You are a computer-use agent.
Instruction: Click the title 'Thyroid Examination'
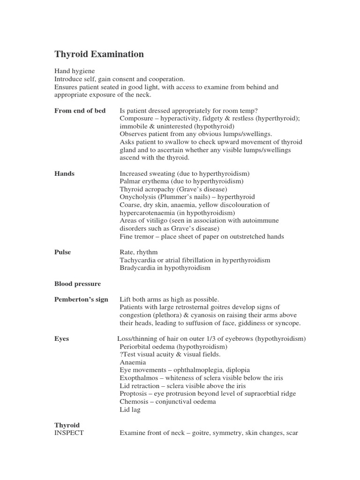(x=99, y=54)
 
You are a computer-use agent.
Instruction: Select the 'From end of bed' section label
(x=80, y=111)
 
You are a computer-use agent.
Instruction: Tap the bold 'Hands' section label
(x=65, y=173)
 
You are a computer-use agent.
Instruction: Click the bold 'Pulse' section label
(x=63, y=252)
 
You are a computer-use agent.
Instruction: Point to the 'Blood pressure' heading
(x=78, y=284)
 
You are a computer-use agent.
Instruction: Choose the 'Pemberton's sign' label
(x=81, y=300)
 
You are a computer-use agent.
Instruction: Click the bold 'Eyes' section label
(x=62, y=339)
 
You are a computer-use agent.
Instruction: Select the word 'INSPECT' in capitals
(x=69, y=433)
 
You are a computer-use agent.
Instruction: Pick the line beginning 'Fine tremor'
(x=202, y=237)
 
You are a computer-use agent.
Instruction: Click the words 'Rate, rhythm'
(x=139, y=252)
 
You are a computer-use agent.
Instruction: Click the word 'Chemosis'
(x=135, y=402)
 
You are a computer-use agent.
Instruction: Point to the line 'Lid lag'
(x=130, y=410)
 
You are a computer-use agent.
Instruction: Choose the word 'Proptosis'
(x=135, y=394)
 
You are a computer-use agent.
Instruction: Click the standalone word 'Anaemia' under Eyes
(x=133, y=362)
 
